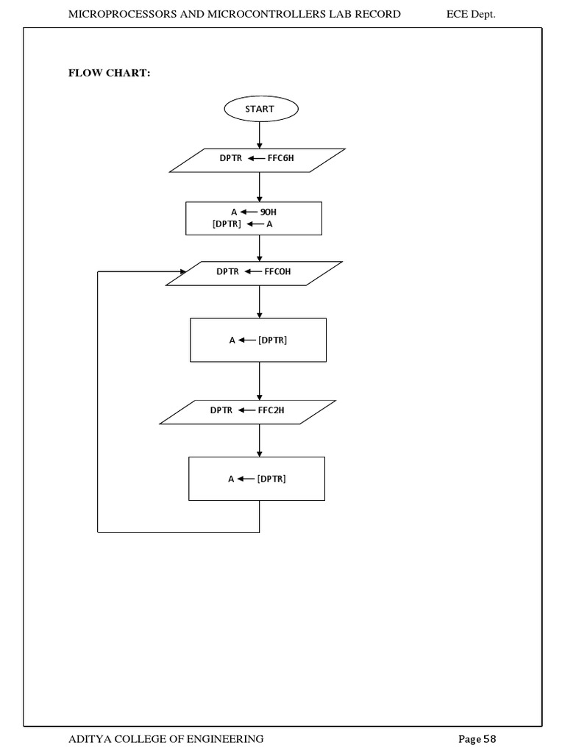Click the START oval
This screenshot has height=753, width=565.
coord(260,109)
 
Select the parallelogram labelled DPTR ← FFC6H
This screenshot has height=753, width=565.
coord(257,160)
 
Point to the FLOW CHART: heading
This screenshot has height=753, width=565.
coord(110,74)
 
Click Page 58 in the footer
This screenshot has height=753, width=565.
coord(481,738)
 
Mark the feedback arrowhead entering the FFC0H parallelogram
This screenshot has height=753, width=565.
coord(182,271)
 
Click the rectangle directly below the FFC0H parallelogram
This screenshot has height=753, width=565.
coord(258,340)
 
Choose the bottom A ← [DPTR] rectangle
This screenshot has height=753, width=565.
coord(257,479)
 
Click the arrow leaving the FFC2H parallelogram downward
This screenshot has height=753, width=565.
coord(260,440)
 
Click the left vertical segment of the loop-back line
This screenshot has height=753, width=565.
coord(98,401)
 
